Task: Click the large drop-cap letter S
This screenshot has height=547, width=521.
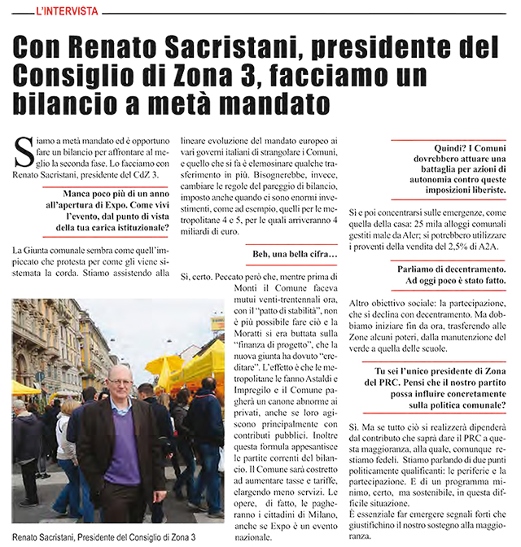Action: point(24,151)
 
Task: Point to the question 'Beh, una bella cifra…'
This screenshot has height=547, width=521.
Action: point(295,256)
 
